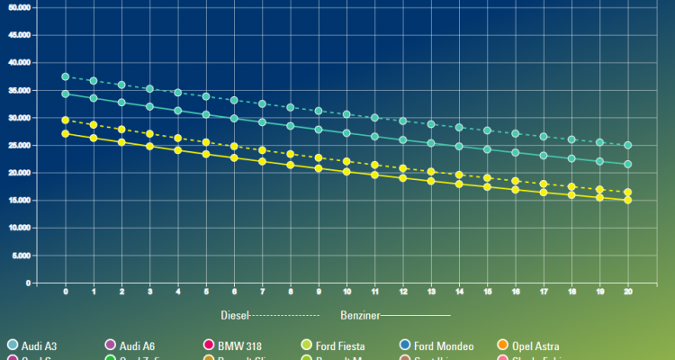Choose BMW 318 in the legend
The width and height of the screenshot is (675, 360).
(x=234, y=346)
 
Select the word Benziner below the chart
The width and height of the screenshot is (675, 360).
(x=360, y=315)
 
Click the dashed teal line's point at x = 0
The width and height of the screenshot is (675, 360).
(x=66, y=76)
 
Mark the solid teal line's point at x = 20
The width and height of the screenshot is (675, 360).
(x=627, y=164)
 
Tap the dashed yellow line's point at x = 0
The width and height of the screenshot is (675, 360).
(x=66, y=120)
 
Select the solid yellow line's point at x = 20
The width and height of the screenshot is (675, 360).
(x=627, y=200)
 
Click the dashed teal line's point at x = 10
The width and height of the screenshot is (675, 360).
(x=346, y=114)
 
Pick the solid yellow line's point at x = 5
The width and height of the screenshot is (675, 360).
(x=206, y=154)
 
